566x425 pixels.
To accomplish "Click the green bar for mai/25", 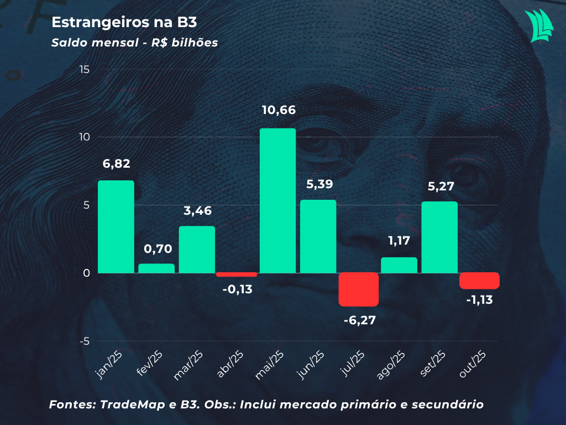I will (277, 200).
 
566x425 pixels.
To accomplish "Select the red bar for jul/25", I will (359, 289).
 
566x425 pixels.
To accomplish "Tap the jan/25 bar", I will (116, 226).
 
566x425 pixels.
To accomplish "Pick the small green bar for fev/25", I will (156, 268).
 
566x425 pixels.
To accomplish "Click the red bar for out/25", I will (479, 281).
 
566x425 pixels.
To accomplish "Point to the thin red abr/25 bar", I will (237, 274).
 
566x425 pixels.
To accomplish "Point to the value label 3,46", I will (197, 211).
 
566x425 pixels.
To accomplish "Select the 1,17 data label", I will (399, 241).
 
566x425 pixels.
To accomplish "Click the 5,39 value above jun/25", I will (319, 184).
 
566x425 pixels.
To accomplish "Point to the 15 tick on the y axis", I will (84, 70).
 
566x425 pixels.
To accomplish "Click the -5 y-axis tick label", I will (84, 341).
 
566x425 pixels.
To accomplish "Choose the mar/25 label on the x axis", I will (188, 365).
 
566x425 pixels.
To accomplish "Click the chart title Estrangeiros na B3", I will (124, 23).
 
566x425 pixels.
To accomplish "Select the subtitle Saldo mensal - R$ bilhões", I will (134, 43).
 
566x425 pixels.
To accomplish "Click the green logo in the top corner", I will (539, 25).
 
